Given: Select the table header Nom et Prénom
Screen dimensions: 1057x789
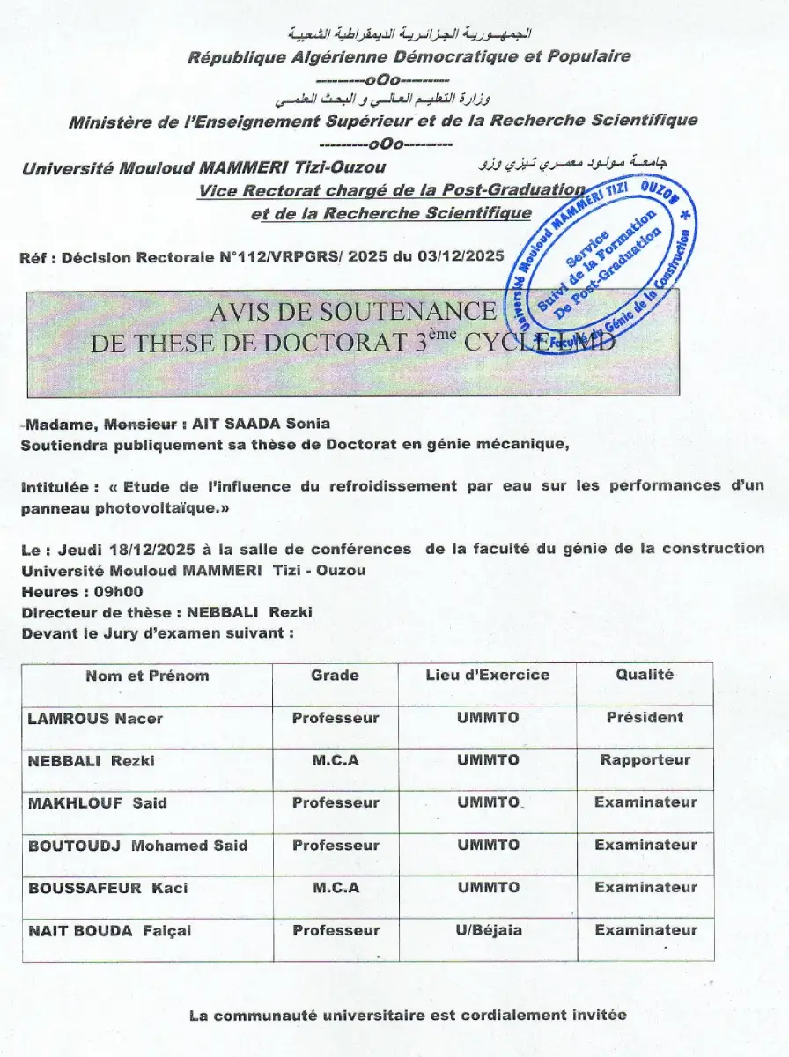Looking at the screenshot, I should tap(147, 676).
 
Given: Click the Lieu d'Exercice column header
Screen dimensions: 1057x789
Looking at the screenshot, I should tap(487, 676).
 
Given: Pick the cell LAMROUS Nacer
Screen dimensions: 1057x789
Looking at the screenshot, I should tap(95, 719).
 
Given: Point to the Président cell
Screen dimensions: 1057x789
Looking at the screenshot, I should tap(645, 718).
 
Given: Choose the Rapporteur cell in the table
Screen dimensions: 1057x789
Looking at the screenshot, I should tap(645, 760).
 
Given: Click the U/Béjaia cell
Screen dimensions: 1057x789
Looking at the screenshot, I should tap(488, 930).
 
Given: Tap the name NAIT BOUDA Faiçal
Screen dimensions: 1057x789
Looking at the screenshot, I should tap(109, 931).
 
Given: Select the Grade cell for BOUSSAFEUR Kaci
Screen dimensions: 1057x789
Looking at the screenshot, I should tap(336, 888).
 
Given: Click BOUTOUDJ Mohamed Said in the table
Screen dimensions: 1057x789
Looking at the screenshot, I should tap(137, 846).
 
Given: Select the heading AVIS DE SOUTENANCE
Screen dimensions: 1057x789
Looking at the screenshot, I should tap(352, 312).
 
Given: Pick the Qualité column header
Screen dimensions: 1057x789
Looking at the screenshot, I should tap(645, 675).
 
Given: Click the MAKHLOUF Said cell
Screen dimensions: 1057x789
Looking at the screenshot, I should tap(97, 803).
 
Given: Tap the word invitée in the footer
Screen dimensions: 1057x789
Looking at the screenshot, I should tap(596, 1016).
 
